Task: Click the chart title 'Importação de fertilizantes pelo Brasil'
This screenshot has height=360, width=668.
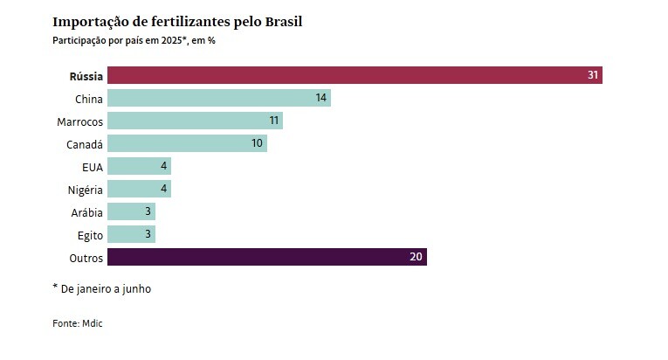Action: pos(183,21)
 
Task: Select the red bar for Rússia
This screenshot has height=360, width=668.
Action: pos(349,75)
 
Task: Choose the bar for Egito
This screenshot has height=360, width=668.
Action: pos(131,234)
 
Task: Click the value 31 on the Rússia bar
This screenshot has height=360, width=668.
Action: pos(593,75)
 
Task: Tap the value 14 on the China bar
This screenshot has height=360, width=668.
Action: pos(321,98)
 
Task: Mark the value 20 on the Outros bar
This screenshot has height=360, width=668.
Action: pos(417,257)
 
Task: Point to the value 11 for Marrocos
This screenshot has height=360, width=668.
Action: pos(273,121)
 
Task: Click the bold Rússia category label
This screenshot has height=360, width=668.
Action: pos(86,75)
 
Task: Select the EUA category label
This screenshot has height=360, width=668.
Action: pos(92,166)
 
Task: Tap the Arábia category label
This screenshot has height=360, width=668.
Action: pos(87,211)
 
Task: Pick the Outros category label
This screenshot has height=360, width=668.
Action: pos(86,257)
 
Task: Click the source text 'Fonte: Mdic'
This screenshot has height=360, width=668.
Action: pos(78,323)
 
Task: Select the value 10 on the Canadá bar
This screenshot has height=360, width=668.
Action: pos(257,143)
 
